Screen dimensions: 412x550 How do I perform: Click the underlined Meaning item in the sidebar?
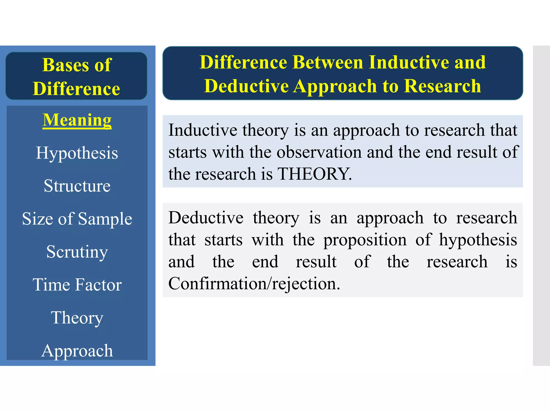click(x=77, y=120)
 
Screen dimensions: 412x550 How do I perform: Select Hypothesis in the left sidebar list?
click(x=77, y=153)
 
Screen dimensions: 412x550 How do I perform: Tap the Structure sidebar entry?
click(x=77, y=186)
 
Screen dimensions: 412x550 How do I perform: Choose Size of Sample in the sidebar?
click(x=77, y=219)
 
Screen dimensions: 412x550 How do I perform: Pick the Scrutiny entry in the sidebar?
click(x=77, y=252)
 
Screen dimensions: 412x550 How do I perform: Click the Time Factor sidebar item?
click(x=77, y=284)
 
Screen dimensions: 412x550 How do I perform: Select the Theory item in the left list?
click(x=77, y=318)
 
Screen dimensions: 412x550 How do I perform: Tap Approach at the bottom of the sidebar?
click(x=77, y=351)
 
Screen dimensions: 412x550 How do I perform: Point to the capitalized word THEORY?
click(x=314, y=174)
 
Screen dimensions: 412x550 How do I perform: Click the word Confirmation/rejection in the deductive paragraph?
click(x=254, y=284)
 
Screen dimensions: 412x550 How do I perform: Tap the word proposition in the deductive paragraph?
click(x=365, y=240)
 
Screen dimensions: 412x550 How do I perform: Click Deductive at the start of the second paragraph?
click(x=206, y=218)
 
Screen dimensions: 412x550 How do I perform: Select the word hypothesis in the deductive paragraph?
click(x=478, y=240)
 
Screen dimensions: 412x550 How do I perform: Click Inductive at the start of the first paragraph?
click(x=202, y=130)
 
